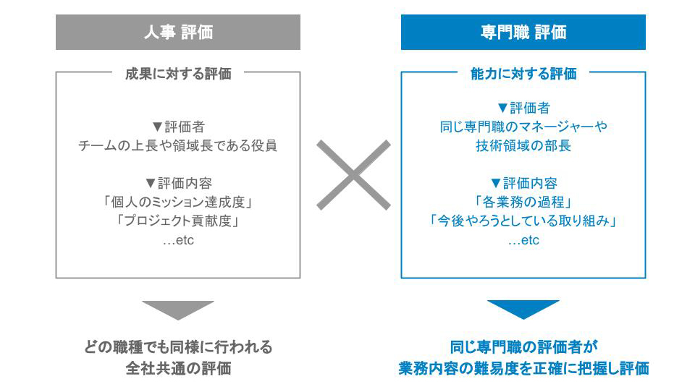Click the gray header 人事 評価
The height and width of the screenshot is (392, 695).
pos(178,32)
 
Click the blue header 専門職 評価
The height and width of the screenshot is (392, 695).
pos(523,32)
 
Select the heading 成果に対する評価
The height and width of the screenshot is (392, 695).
pos(178,74)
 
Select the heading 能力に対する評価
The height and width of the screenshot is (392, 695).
pos(523,74)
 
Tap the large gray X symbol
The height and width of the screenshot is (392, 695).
pos(354,175)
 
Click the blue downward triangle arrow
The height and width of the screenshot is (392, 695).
pos(523,310)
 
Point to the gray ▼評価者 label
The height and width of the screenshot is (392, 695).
pos(178,127)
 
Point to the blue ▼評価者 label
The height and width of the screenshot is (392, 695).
pos(523,108)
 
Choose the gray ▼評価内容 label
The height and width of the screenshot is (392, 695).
pos(178,184)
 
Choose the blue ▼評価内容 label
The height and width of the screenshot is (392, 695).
pos(523,184)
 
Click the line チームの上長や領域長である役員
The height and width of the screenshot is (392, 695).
pos(178,145)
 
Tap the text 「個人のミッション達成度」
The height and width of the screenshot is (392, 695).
pos(178,203)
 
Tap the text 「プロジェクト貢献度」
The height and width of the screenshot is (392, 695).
pos(178,221)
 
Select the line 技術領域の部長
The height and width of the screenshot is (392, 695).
pos(523,145)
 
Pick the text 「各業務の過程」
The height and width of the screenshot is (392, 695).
pos(523,203)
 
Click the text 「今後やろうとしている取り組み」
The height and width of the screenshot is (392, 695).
pos(523,221)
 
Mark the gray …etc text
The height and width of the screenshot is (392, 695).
pos(178,240)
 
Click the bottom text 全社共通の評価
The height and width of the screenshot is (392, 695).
pos(178,368)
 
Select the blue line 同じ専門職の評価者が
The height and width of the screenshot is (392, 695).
pos(523,347)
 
